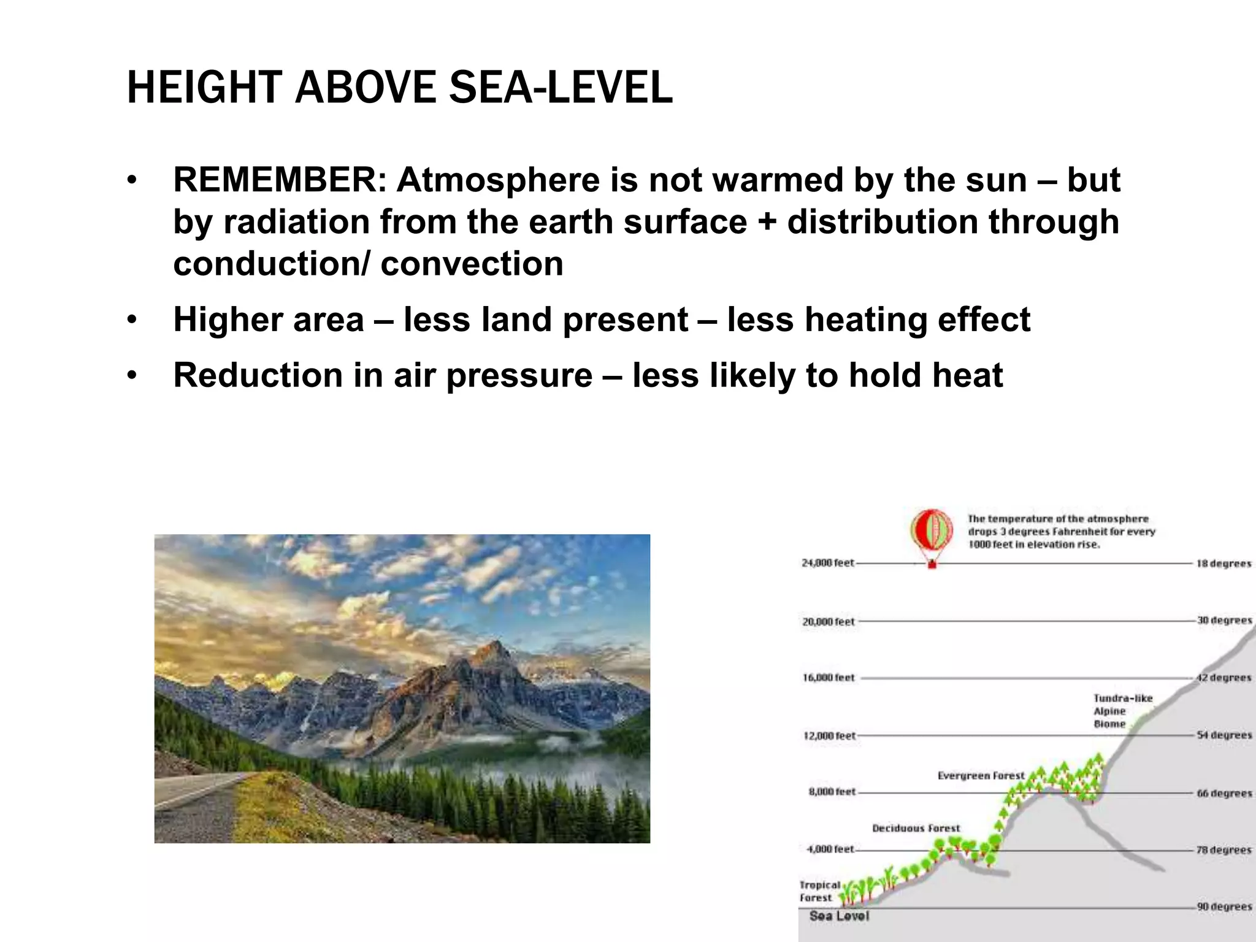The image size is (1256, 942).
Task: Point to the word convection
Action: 471,264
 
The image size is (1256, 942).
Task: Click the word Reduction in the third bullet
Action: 258,375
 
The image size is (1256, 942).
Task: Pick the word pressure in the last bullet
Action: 519,375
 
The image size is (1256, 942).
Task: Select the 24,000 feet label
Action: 827,563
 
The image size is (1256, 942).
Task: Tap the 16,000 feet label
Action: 828,678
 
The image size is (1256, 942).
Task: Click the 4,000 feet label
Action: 830,849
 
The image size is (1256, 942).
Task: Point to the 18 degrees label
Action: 1223,564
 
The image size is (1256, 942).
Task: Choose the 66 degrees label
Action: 1224,793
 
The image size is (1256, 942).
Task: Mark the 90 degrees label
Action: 1224,906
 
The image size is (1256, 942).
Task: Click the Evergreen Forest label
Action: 980,776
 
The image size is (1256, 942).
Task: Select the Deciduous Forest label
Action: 916,829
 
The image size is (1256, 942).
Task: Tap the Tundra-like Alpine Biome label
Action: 1122,711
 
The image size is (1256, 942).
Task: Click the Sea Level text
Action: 839,916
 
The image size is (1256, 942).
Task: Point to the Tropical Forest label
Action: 819,891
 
